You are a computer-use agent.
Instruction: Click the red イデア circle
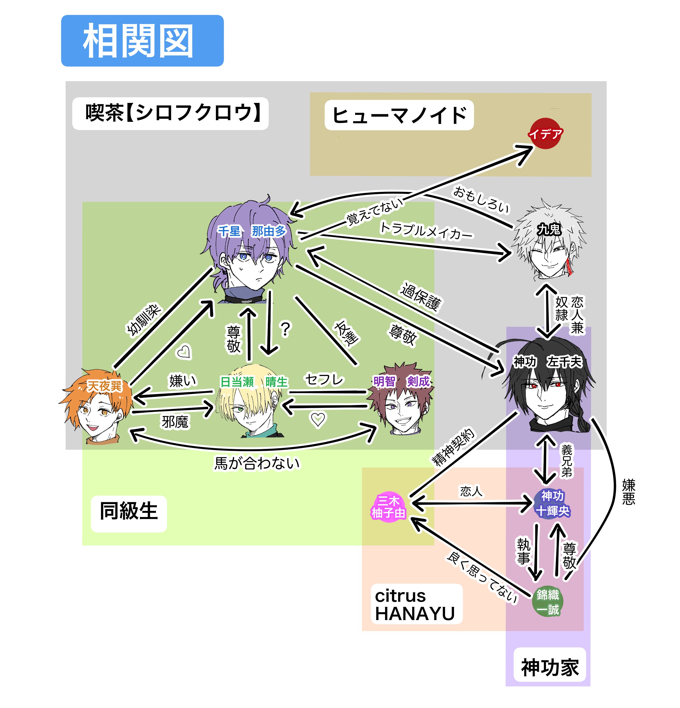coord(545,134)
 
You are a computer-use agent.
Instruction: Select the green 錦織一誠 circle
coord(547,601)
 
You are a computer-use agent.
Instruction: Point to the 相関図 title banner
coord(142,41)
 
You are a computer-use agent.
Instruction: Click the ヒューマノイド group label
coord(399,115)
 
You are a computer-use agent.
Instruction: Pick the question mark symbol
coord(285,329)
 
